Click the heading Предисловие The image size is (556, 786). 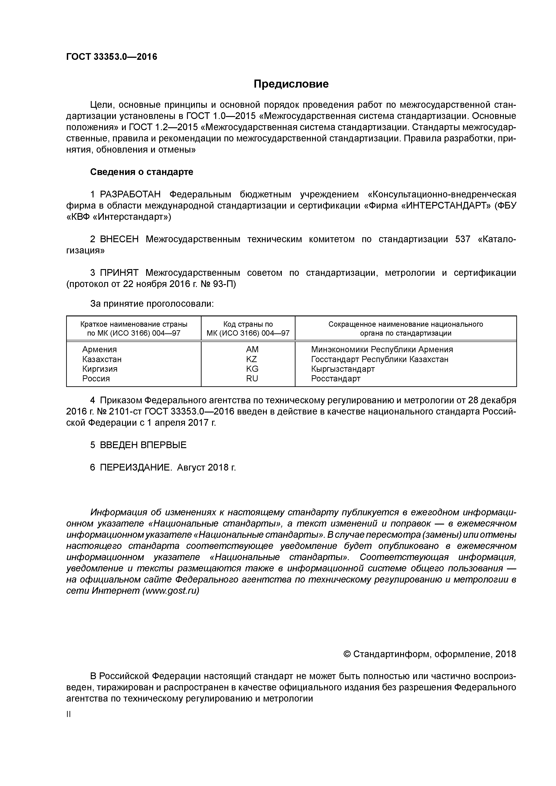pos(291,84)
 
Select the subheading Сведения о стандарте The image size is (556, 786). pos(141,172)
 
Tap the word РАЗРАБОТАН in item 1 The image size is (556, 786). pos(130,194)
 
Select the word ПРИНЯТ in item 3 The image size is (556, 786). pos(119,273)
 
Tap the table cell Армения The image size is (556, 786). pos(99,350)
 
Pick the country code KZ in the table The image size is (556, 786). pos(252,359)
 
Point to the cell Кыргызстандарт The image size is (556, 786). pos(343,369)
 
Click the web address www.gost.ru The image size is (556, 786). pos(171,591)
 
